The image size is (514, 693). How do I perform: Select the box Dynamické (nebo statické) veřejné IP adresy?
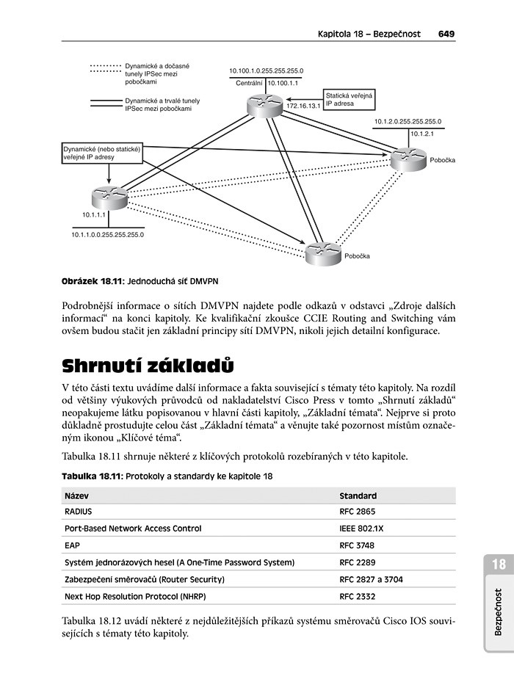[x=101, y=152]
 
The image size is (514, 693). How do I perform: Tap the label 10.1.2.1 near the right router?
[x=424, y=134]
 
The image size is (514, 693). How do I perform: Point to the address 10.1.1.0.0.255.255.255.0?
[x=107, y=235]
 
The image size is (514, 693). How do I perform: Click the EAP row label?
[x=72, y=545]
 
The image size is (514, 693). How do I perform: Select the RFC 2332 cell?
[x=358, y=597]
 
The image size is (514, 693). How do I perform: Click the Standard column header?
[x=358, y=496]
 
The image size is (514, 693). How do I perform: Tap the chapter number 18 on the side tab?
[x=499, y=565]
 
